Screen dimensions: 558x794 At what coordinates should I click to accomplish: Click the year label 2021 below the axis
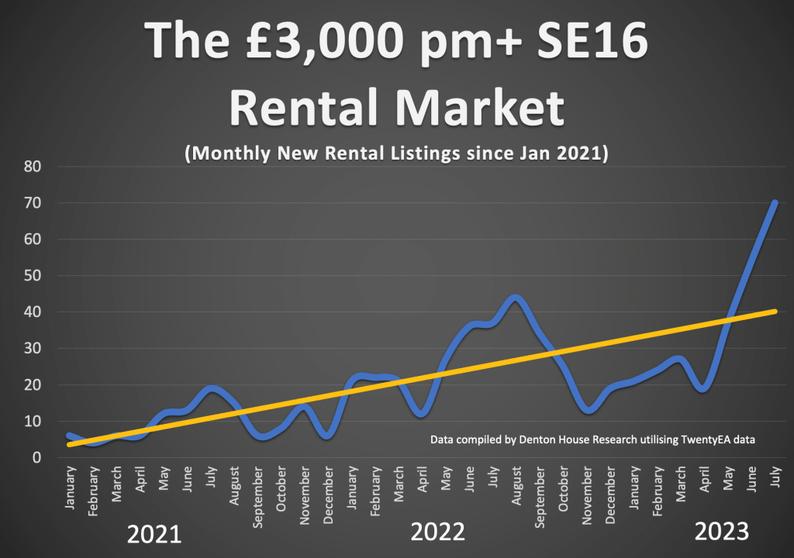tap(154, 534)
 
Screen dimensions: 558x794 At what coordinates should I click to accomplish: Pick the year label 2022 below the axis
tap(437, 532)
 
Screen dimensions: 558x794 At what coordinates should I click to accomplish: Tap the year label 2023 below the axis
tap(721, 532)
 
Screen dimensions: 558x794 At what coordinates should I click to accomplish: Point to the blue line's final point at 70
tap(775, 203)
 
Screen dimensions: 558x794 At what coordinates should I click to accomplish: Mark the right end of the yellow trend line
tap(775, 312)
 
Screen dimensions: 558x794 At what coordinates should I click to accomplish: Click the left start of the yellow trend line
tap(70, 445)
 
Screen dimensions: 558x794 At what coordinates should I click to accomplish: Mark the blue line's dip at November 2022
tap(589, 409)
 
